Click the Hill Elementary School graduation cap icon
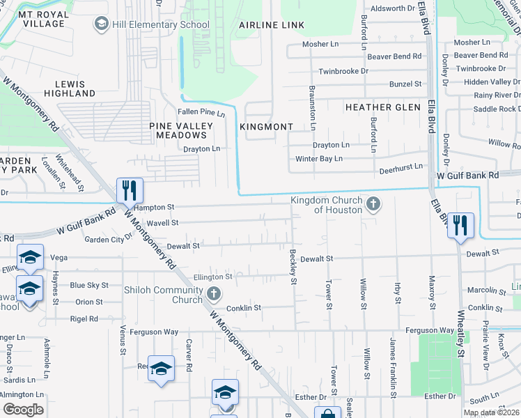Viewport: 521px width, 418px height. click(x=102, y=25)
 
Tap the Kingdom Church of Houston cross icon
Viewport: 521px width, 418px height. click(x=373, y=205)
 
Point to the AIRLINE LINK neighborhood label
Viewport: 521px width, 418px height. click(x=272, y=25)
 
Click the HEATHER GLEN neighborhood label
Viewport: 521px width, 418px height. click(x=383, y=107)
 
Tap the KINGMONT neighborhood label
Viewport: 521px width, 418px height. click(x=265, y=127)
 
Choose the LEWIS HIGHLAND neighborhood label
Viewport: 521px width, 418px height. click(x=70, y=88)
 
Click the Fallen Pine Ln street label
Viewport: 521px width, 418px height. click(x=202, y=112)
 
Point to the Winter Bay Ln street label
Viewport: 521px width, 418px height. click(x=319, y=159)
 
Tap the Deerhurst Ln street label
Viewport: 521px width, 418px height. click(x=401, y=167)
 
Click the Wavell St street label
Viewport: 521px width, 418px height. click(x=162, y=223)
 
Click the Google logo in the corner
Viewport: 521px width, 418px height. click(x=23, y=409)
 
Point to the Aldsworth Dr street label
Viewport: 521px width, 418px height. click(x=393, y=8)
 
